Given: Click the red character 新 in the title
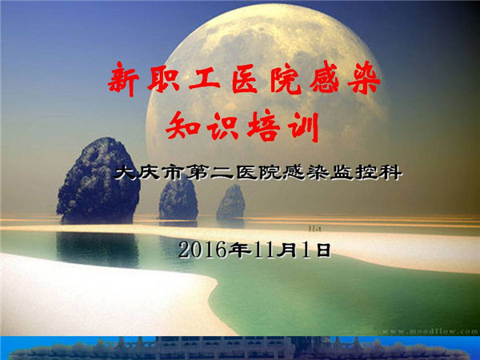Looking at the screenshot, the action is [x=123, y=79].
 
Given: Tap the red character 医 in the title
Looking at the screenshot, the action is [x=244, y=79].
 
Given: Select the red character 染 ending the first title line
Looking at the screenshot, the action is [x=364, y=78].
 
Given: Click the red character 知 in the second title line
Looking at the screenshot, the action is [x=182, y=126].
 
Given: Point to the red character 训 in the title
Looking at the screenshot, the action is [x=305, y=126].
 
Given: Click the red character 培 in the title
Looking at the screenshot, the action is [x=263, y=126].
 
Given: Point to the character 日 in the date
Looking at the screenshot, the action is [x=323, y=250].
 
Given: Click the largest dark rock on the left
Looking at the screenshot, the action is [x=98, y=180].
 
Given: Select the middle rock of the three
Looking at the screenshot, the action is [x=178, y=198].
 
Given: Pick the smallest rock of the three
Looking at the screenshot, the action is [x=231, y=202].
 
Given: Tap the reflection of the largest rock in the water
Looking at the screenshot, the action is [x=98, y=250].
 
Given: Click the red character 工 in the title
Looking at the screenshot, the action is [x=204, y=79].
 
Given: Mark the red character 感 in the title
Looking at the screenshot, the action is [x=324, y=78].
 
